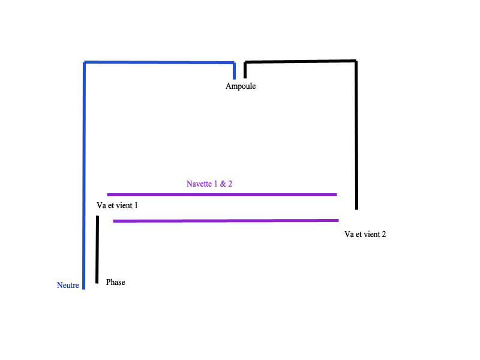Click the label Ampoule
(241, 86)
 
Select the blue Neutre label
(68, 286)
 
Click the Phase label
(115, 282)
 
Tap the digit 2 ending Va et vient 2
(383, 234)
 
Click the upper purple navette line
(222, 194)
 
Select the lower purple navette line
(226, 221)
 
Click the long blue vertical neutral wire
(84, 180)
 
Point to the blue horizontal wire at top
(159, 62)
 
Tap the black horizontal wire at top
(300, 61)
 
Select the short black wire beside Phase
(97, 249)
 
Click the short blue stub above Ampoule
(235, 71)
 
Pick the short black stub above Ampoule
(245, 70)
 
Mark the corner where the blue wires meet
(85, 62)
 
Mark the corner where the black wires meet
(356, 61)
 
